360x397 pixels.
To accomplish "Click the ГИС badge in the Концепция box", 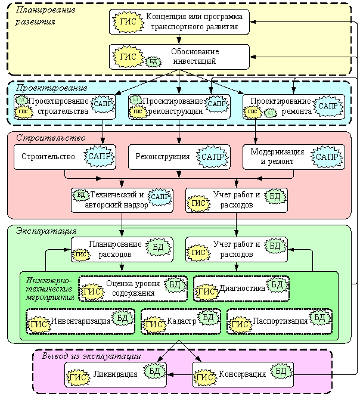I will (127, 21).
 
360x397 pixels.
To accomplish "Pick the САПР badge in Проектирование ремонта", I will (328, 105).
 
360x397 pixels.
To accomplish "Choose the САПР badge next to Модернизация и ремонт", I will (326, 157).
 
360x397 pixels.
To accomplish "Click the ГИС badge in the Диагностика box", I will (206, 291).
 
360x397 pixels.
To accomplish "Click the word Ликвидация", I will (116, 374).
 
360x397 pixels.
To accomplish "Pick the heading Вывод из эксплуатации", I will (91, 356).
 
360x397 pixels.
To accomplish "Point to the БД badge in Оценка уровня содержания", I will (175, 284).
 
